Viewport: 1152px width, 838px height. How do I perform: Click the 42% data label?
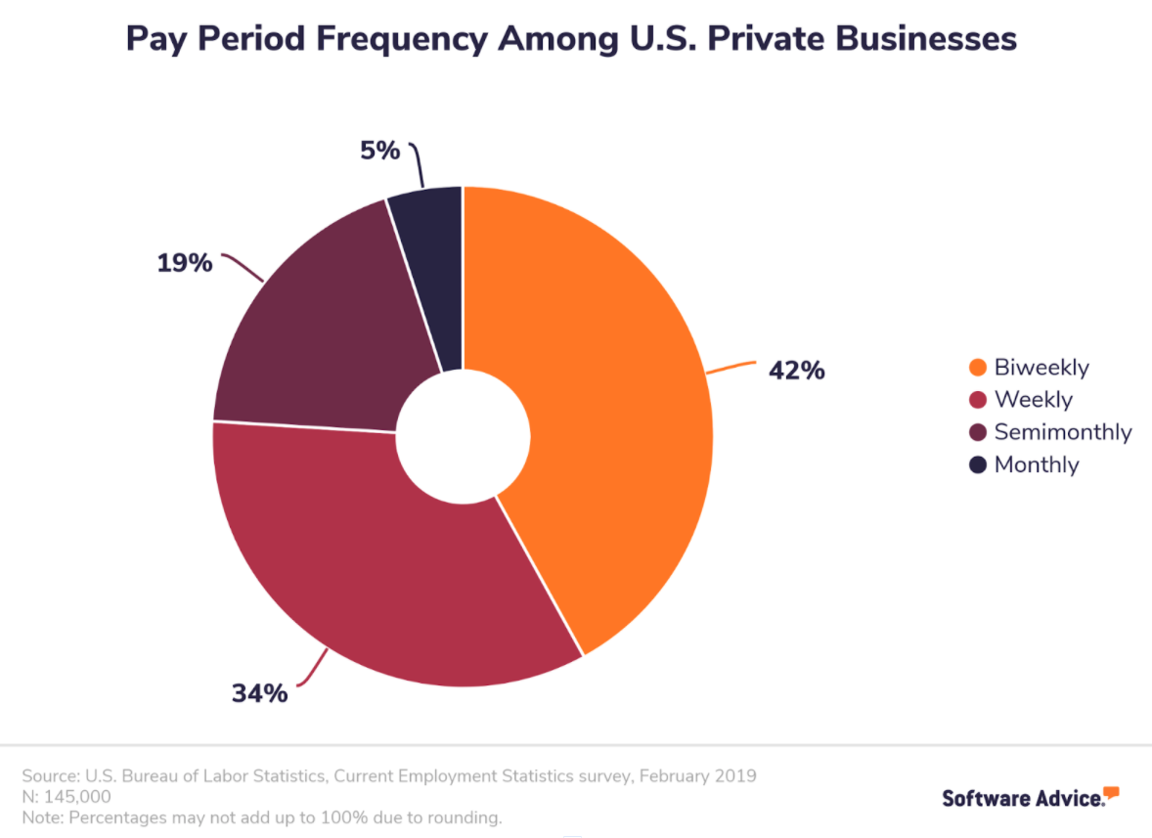[x=796, y=372]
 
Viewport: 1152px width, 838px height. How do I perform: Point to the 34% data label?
[x=259, y=693]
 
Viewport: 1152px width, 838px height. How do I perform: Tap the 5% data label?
[x=379, y=151]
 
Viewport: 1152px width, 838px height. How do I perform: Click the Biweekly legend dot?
[x=977, y=369]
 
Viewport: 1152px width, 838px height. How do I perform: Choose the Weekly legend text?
[x=1033, y=400]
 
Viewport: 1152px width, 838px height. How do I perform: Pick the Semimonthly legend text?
[x=1062, y=432]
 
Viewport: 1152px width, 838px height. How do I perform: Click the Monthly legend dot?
[x=977, y=465]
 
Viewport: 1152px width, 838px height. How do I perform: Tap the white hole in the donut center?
[x=463, y=431]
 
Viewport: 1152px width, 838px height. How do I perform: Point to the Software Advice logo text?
[x=1022, y=798]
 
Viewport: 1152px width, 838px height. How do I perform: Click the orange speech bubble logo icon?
[x=1111, y=792]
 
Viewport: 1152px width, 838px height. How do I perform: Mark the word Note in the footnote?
[x=39, y=816]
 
